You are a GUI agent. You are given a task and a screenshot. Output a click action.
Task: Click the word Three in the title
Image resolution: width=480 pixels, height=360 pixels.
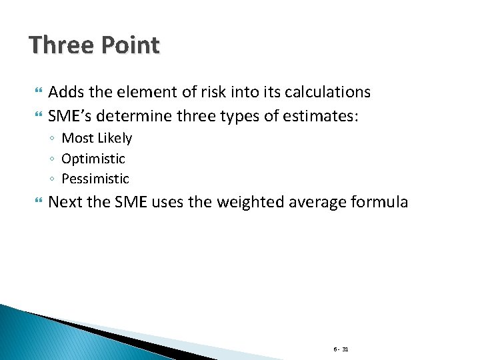(x=60, y=45)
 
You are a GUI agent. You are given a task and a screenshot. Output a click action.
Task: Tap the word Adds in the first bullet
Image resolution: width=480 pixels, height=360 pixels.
(x=66, y=92)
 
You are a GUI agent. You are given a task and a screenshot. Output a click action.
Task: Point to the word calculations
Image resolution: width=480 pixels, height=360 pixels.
(x=322, y=93)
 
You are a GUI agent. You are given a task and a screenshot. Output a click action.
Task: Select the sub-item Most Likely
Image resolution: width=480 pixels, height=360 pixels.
(x=97, y=139)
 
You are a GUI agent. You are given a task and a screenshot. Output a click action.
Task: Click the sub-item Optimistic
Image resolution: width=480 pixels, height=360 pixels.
(x=93, y=159)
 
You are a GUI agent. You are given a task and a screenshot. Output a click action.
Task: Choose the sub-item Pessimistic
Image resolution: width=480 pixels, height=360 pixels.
(x=95, y=179)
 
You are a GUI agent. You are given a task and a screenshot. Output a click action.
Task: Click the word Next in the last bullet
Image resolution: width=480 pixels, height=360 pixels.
(x=66, y=202)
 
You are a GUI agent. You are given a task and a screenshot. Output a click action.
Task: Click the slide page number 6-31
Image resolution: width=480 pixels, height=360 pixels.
(x=341, y=349)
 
